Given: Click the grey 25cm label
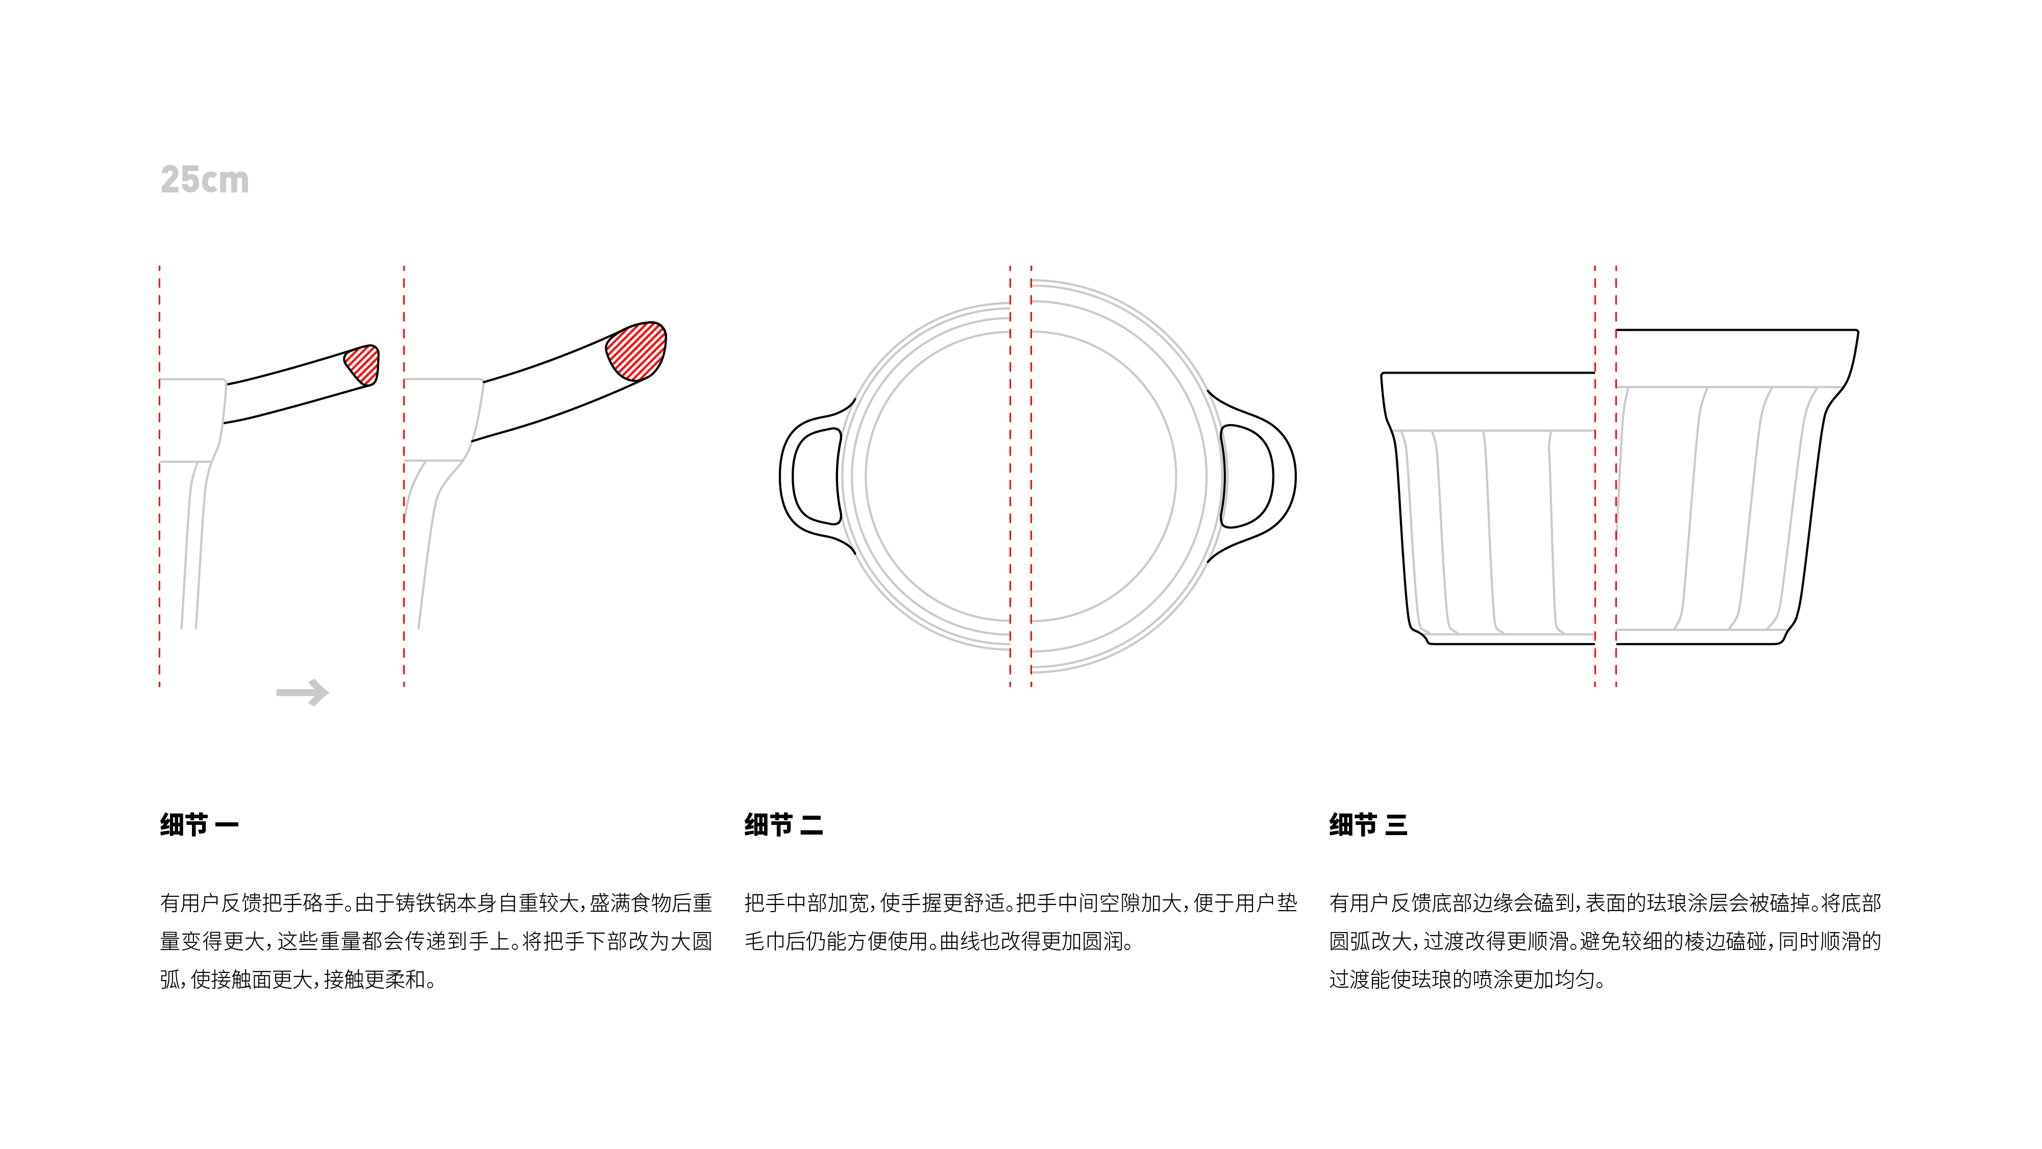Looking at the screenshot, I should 205,180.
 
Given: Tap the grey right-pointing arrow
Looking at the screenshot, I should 303,692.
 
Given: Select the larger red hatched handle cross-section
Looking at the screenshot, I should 636,351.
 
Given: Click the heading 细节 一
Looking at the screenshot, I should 199,825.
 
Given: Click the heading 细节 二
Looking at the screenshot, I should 783,825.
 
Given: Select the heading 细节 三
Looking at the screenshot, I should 1368,825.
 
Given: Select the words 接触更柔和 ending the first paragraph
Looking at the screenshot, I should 375,980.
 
